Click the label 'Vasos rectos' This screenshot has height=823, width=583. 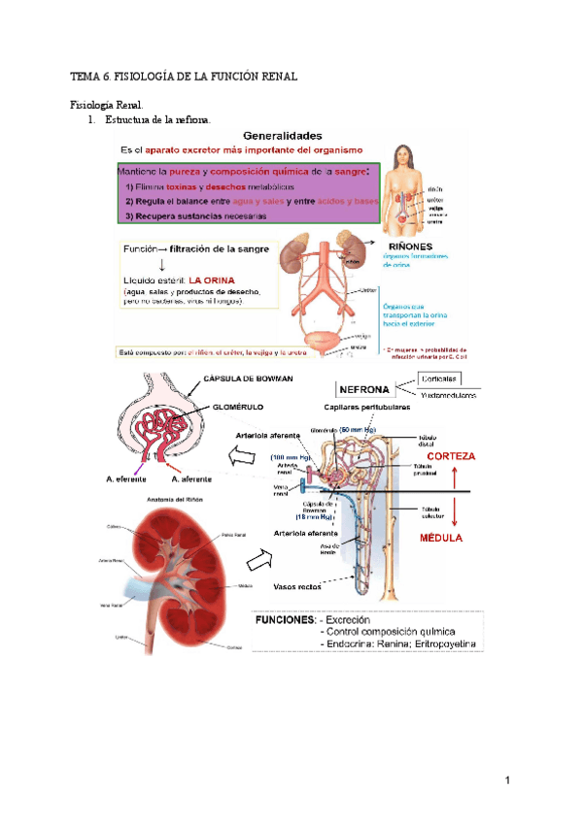point(299,586)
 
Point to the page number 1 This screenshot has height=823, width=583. point(507,780)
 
